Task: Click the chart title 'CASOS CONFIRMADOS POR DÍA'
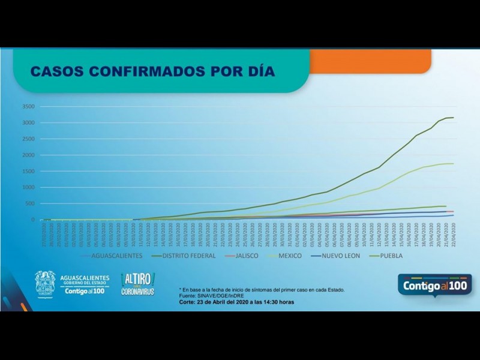coord(152,71)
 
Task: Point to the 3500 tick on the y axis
coord(29,107)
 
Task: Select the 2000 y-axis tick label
coord(29,155)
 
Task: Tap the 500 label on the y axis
coord(31,204)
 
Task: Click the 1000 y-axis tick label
coord(29,188)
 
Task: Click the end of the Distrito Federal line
coord(453,118)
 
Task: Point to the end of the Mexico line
coord(453,164)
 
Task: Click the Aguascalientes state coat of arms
coord(45,283)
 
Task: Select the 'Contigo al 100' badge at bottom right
coord(435,284)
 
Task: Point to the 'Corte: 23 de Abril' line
coord(236,302)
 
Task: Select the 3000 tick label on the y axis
coord(29,123)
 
